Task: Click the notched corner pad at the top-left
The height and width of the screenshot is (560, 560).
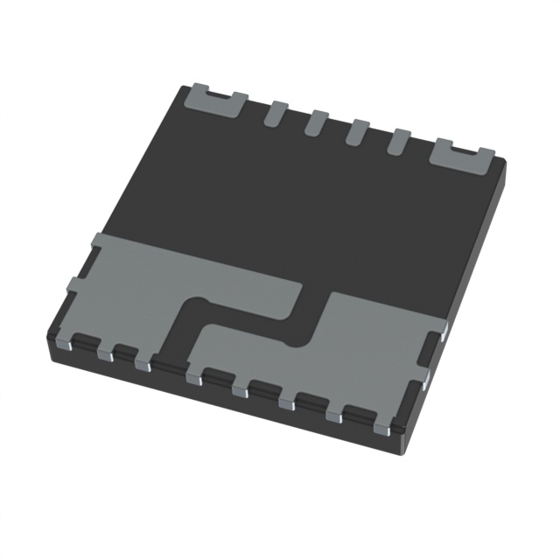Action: pos(213,101)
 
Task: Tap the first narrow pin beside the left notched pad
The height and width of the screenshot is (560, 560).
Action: pos(275,113)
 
